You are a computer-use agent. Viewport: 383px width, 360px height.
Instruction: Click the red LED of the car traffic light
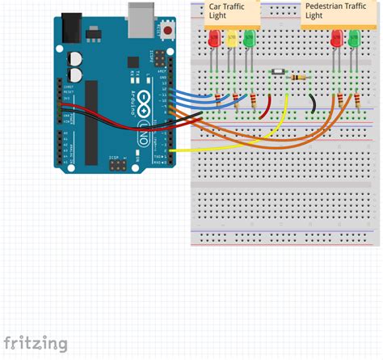pyautogui.click(x=214, y=38)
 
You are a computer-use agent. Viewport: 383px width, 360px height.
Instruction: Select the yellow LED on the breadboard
pyautogui.click(x=232, y=38)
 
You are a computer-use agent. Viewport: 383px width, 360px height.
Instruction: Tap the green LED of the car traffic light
pyautogui.click(x=249, y=38)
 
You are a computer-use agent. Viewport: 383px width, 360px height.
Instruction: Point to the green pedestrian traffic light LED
pyautogui.click(x=353, y=38)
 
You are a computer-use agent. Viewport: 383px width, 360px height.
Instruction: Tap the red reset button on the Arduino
pyautogui.click(x=169, y=31)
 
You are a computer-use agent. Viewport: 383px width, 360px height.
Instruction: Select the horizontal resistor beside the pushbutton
pyautogui.click(x=301, y=77)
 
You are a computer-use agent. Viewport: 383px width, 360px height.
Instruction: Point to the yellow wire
pyautogui.click(x=242, y=146)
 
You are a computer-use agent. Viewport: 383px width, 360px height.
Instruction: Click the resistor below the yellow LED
pyautogui.click(x=237, y=100)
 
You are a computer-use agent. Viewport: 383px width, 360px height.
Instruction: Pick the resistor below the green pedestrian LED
pyautogui.click(x=356, y=100)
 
